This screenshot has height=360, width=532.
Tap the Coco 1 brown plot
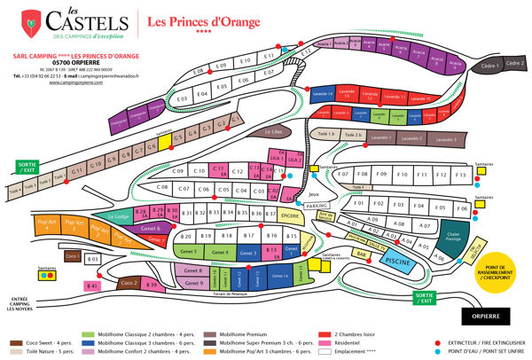[x=73, y=256]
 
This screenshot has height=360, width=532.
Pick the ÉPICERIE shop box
[x=290, y=215]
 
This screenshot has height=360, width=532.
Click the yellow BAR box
[x=361, y=254]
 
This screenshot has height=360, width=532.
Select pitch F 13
[x=459, y=176]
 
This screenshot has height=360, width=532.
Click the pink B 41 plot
[x=92, y=286]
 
